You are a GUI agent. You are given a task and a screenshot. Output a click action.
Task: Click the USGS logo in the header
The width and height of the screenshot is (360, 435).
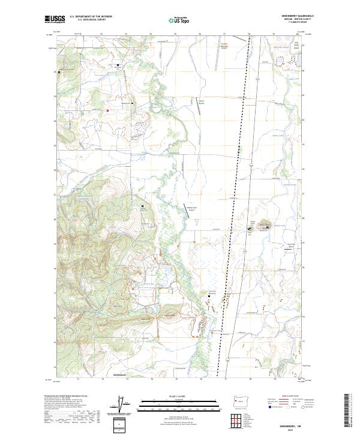(55, 19)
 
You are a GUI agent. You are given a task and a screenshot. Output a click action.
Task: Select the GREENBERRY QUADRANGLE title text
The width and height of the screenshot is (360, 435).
(300, 16)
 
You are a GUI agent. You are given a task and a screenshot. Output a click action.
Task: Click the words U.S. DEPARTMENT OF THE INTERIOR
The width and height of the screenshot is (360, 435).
(91, 16)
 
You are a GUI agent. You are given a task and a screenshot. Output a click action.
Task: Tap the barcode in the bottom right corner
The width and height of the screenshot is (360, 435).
(350, 410)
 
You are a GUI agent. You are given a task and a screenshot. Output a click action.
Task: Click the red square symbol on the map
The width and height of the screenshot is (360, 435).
(107, 110)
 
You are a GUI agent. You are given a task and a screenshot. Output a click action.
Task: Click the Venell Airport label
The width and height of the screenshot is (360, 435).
(203, 101)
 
